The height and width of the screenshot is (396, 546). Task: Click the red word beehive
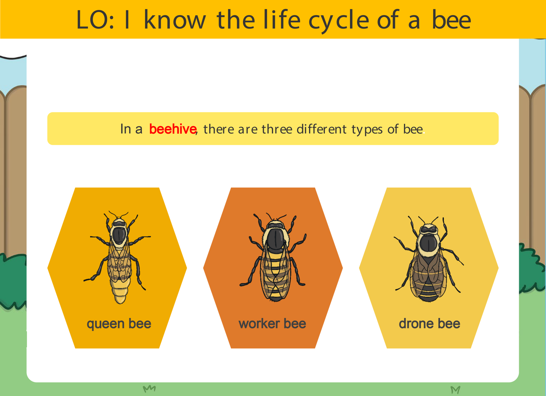point(173,129)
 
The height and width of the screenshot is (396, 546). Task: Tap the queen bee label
point(119,324)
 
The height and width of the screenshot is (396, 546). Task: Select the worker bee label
point(272,324)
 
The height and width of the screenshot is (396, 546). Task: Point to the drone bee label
point(429,324)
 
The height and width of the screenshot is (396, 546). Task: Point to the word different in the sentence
point(322,129)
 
